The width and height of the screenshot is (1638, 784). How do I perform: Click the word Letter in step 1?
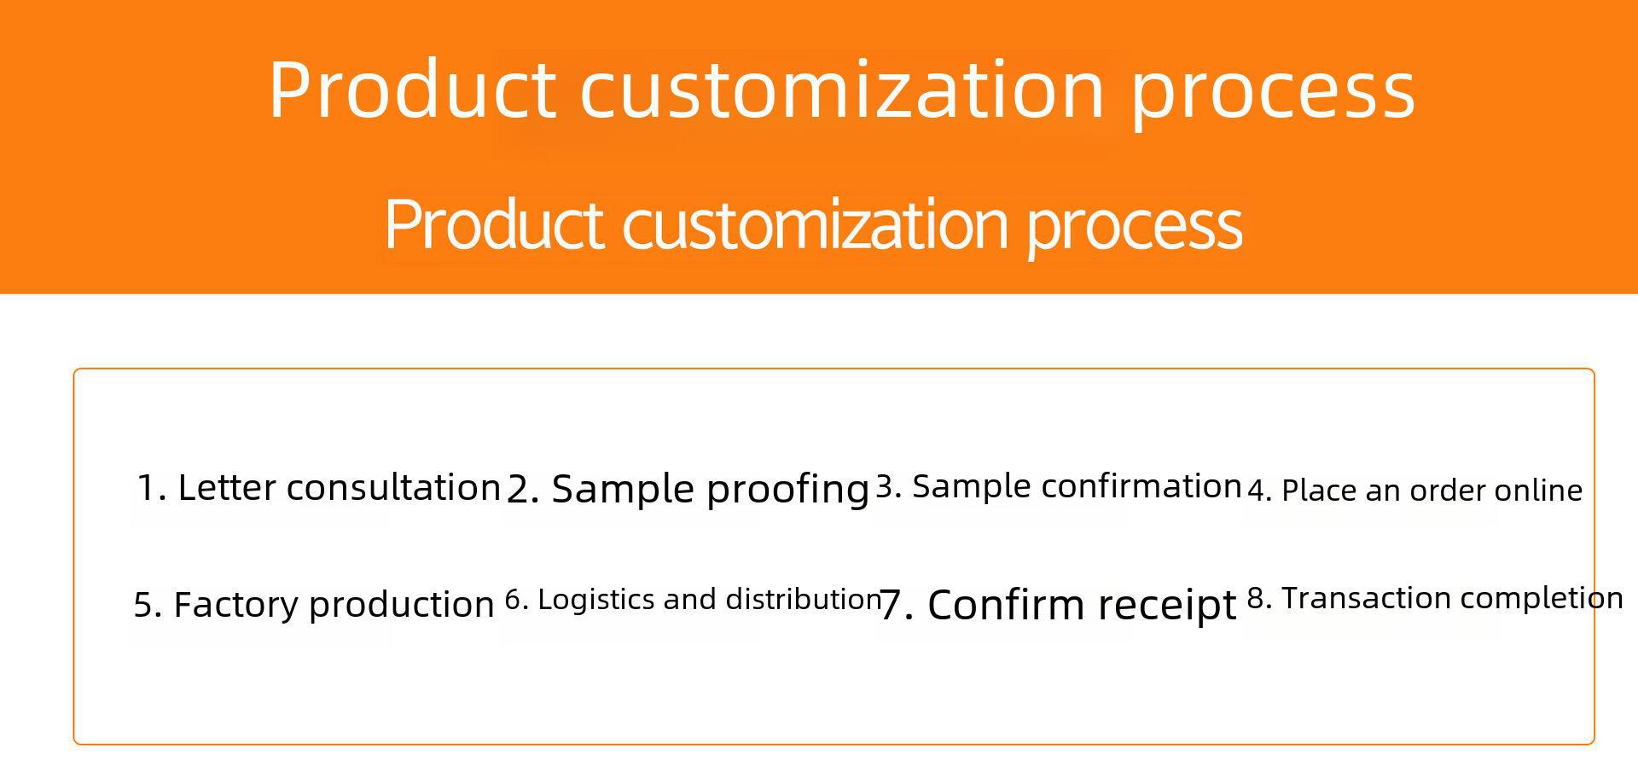(x=226, y=488)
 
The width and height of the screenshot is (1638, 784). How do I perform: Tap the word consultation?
(x=393, y=488)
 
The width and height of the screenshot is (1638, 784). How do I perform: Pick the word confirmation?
(x=1141, y=486)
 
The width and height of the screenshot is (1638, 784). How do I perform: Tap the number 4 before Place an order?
(x=1256, y=491)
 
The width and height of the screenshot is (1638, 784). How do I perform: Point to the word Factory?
(x=236, y=605)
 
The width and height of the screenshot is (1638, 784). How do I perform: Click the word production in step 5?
(x=401, y=605)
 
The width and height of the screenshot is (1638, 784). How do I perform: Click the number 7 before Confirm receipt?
(x=891, y=605)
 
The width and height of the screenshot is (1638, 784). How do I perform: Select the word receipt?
(x=1167, y=605)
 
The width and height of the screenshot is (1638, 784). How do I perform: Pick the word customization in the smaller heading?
(x=816, y=224)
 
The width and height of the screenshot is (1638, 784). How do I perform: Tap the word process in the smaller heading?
(x=1135, y=225)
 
